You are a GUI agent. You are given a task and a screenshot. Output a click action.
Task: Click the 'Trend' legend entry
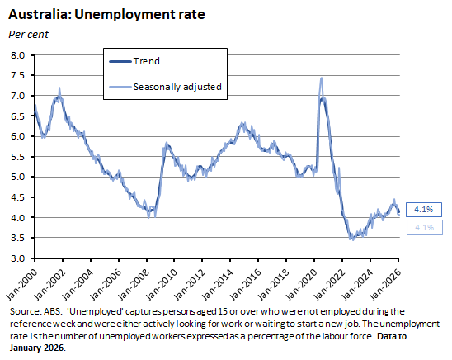146,61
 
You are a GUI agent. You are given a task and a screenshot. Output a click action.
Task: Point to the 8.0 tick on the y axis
17,55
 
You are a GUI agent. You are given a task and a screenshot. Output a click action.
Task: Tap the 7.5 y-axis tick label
17,76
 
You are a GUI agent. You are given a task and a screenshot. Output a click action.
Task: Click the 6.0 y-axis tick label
17,136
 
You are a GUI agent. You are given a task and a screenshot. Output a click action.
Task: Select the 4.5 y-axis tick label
17,197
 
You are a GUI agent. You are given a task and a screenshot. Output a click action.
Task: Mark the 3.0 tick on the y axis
17,258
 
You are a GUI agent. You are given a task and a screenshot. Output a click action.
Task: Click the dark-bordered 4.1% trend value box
421,209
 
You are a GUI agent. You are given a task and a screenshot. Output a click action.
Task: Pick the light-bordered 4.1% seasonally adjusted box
421,227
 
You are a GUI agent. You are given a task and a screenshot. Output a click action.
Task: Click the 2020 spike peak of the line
320,78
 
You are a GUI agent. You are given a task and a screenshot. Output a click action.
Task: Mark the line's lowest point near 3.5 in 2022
352,239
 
